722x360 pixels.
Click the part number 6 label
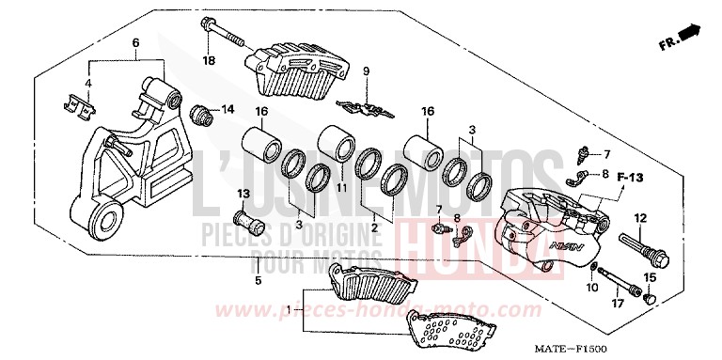[x=135, y=43]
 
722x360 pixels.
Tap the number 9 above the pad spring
[x=368, y=70]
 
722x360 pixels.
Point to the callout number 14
[x=227, y=110]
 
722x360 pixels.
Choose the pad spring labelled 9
[x=366, y=105]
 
